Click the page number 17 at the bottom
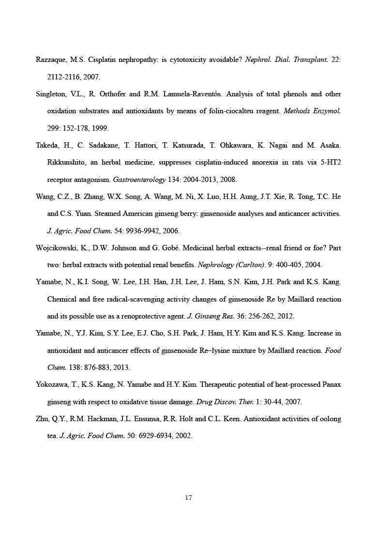point(189,497)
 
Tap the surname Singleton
point(51,94)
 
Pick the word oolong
point(331,419)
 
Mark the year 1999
point(100,128)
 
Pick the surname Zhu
point(43,419)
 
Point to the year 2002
point(183,436)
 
